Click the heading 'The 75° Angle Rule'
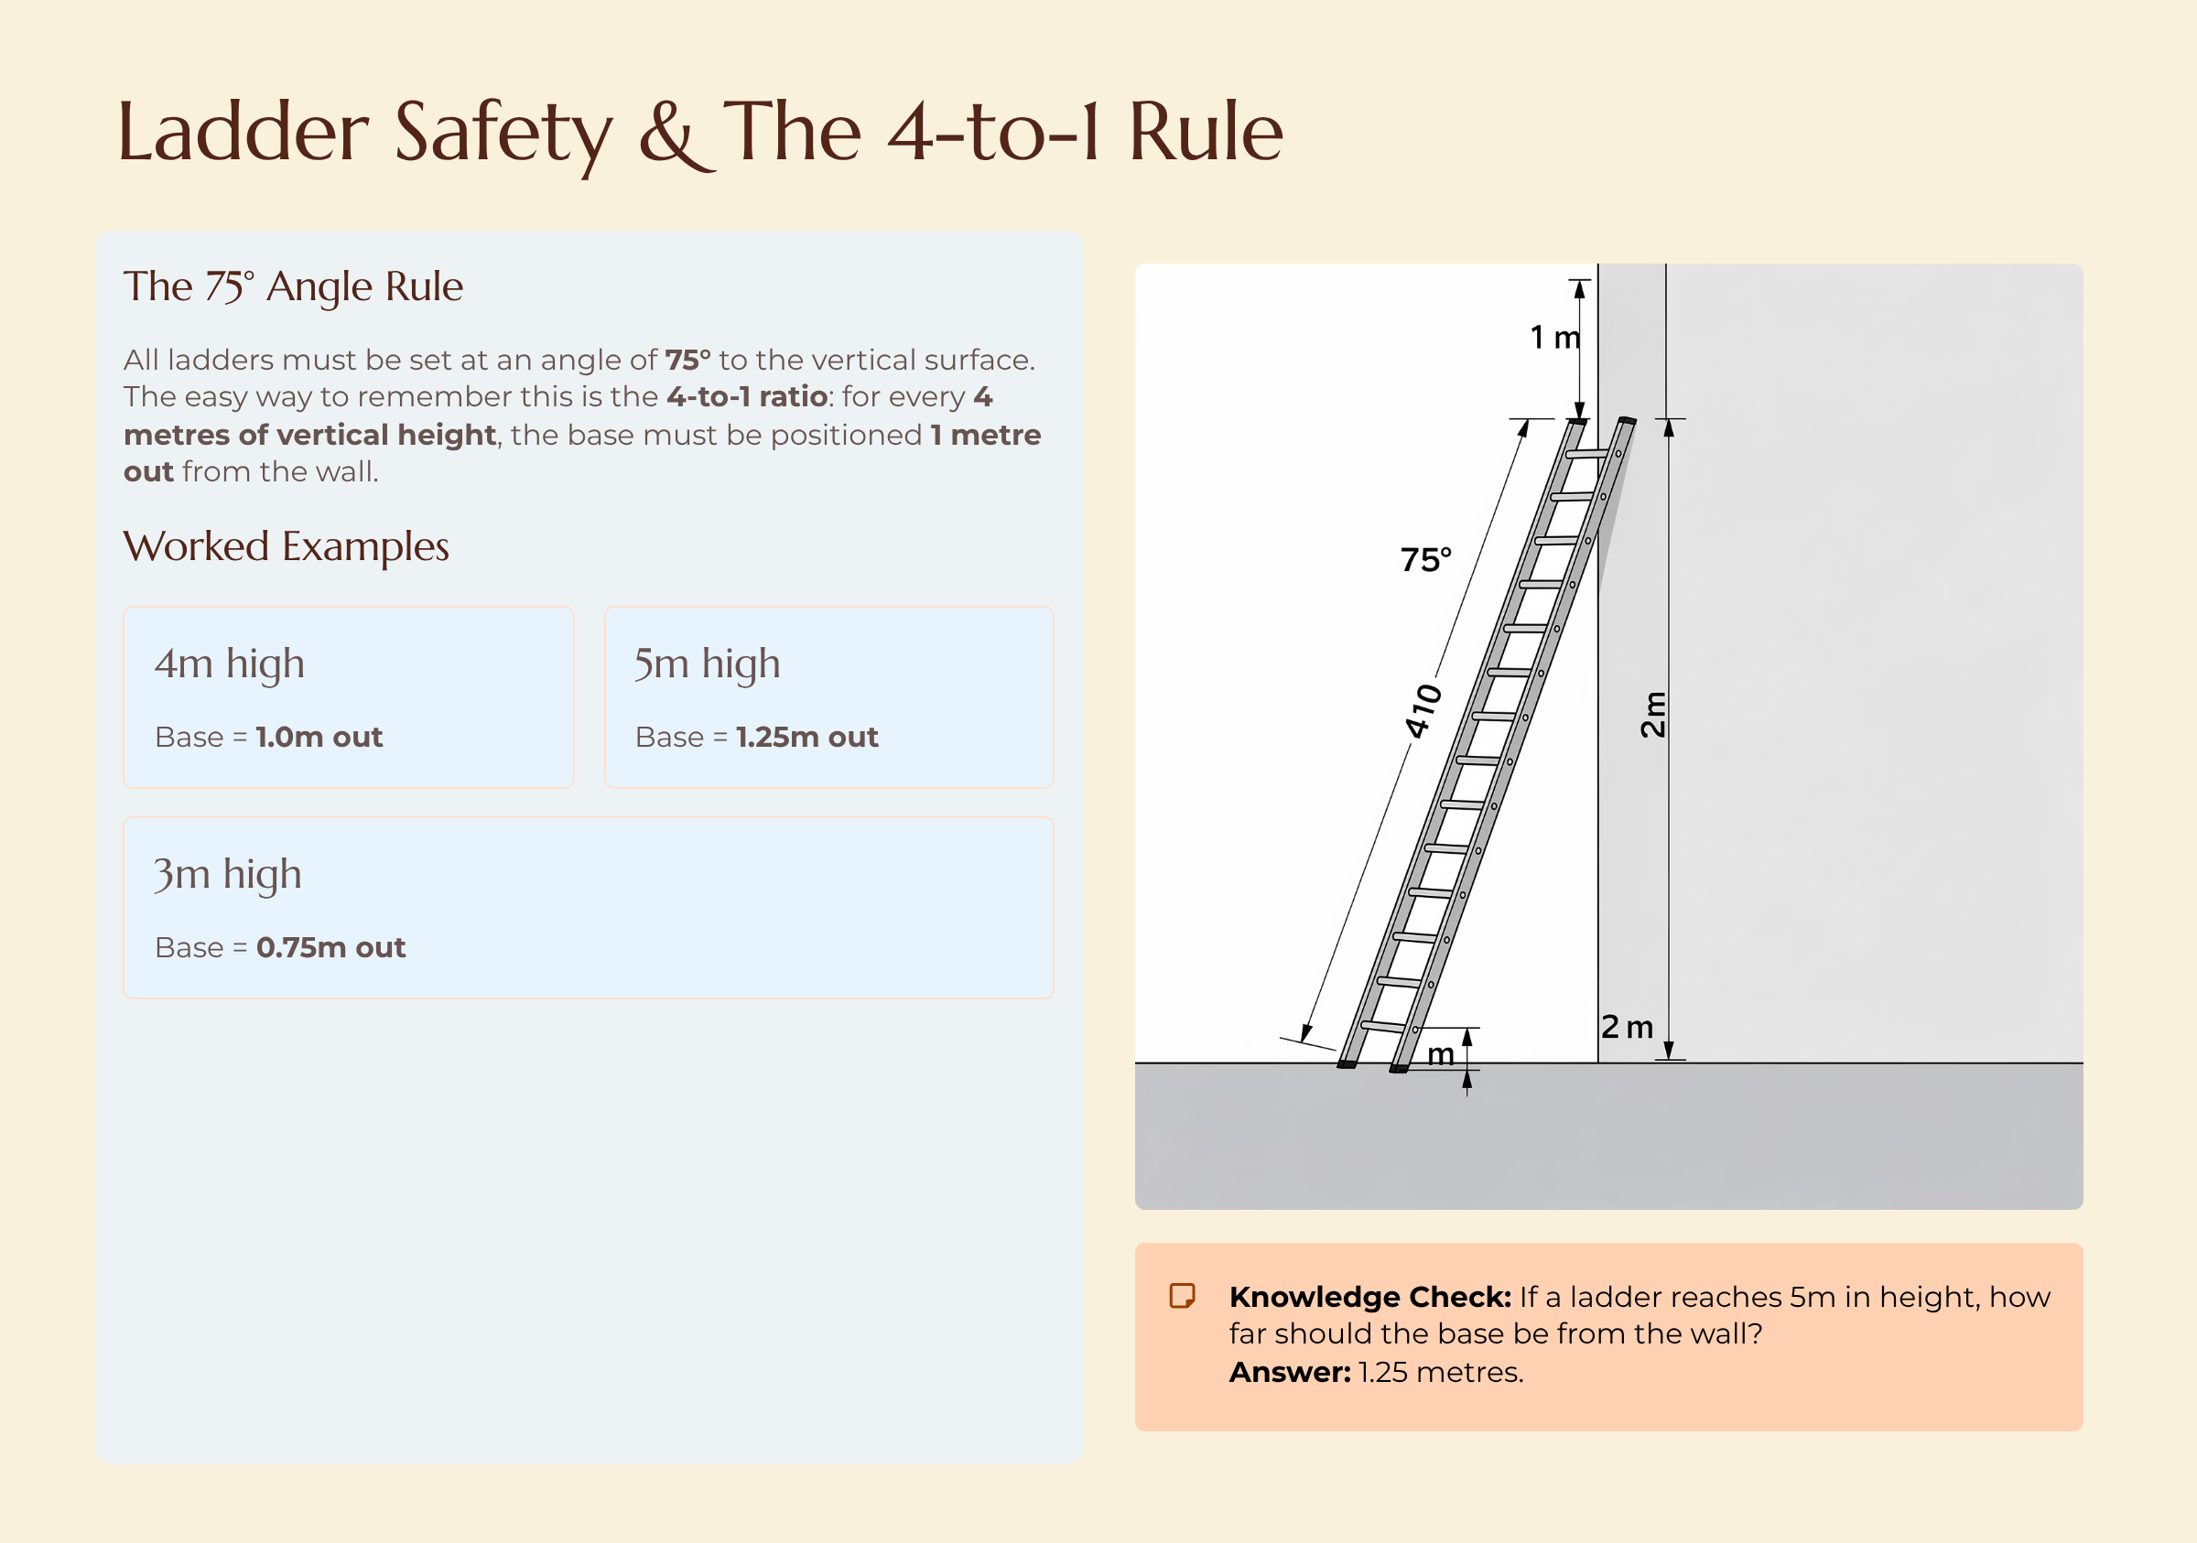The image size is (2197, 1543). click(293, 286)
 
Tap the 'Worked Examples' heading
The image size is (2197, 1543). click(287, 546)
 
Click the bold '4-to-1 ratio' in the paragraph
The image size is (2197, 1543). click(746, 396)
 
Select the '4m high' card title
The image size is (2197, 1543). click(230, 664)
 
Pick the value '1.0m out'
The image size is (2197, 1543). click(319, 737)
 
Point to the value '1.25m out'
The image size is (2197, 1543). click(806, 737)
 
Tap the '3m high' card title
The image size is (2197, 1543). click(228, 874)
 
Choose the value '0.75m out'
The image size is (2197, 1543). click(330, 947)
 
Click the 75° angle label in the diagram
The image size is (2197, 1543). click(1425, 559)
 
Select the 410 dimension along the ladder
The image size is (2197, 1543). click(1423, 711)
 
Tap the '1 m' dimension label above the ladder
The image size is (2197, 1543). click(1554, 337)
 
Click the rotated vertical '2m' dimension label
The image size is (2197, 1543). click(1652, 714)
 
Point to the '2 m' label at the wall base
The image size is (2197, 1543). click(1627, 1027)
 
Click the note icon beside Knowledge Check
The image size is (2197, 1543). click(1183, 1296)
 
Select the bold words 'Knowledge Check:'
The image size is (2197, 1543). click(1369, 1296)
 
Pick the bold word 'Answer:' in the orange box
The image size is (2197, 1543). click(1289, 1372)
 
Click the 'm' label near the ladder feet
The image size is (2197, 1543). click(1440, 1054)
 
